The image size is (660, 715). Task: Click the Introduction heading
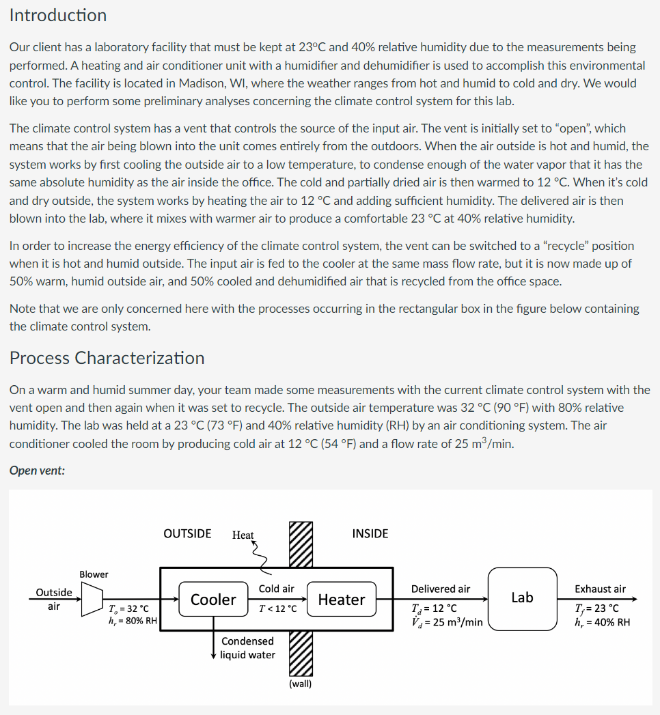click(x=58, y=16)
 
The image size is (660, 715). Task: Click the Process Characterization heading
click(x=107, y=358)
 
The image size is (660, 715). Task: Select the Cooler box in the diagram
click(x=212, y=599)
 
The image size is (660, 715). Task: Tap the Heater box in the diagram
click(x=341, y=599)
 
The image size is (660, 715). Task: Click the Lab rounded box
click(x=522, y=598)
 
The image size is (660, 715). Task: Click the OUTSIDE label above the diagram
click(x=187, y=533)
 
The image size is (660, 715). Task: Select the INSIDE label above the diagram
click(x=370, y=533)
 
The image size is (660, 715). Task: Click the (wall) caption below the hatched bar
click(x=301, y=683)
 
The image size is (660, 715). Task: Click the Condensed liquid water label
click(x=247, y=647)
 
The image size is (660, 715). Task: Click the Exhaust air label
click(x=600, y=589)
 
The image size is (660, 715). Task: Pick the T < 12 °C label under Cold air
click(x=277, y=608)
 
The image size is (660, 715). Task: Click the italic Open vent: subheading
click(x=38, y=471)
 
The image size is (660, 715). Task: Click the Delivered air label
click(x=440, y=589)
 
